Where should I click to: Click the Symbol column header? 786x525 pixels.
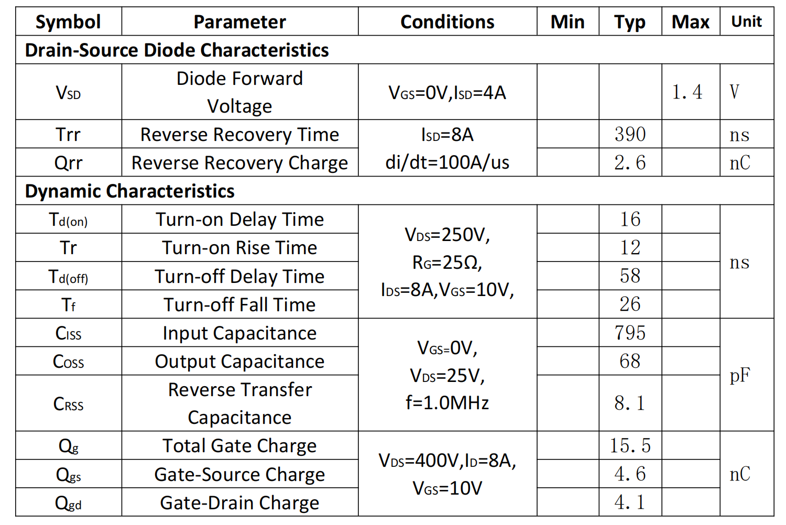[x=68, y=22]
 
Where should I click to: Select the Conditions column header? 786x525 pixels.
[x=447, y=22]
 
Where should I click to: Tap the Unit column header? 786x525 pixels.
[x=746, y=22]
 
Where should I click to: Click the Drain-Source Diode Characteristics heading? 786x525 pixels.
[x=177, y=50]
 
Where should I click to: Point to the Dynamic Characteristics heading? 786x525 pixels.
[x=129, y=191]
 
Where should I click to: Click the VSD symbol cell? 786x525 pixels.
[x=68, y=93]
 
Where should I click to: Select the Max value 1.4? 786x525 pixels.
[x=687, y=93]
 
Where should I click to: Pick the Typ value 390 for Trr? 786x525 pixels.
[x=630, y=135]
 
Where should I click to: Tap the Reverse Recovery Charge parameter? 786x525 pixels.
[x=239, y=163]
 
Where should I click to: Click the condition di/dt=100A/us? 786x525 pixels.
[x=447, y=162]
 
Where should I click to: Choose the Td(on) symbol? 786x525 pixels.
[x=68, y=220]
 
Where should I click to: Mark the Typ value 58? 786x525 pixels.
[x=630, y=276]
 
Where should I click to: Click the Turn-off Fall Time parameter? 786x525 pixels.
[x=239, y=304]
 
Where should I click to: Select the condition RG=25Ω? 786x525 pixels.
[x=447, y=262]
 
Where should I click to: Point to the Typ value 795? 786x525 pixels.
[x=630, y=333]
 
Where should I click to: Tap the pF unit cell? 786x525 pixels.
[x=739, y=375]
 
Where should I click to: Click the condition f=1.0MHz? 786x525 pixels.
[x=447, y=403]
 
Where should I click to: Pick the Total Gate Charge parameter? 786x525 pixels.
[x=239, y=446]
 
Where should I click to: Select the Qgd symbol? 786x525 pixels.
[x=68, y=503]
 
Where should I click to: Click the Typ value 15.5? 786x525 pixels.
[x=630, y=446]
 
